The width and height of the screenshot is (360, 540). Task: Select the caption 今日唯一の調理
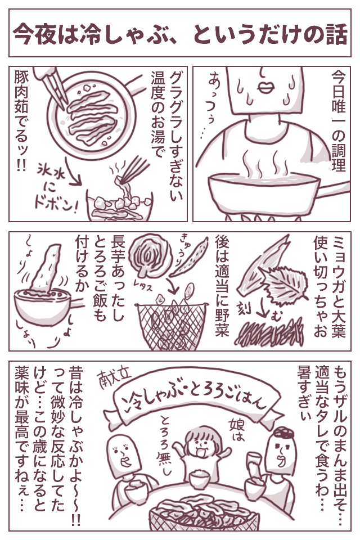coord(338,120)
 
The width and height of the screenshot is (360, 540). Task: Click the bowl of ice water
coord(119,205)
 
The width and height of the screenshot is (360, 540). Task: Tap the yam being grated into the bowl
coord(45,267)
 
